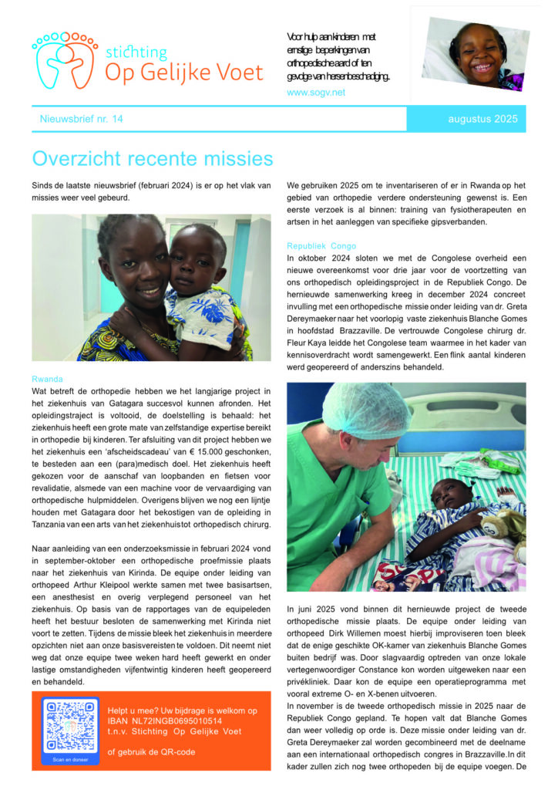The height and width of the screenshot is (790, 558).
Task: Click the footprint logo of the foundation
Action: tap(65, 59)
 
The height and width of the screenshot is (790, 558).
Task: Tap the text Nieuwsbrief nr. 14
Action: tap(81, 119)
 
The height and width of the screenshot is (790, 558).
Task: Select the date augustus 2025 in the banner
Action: tap(482, 119)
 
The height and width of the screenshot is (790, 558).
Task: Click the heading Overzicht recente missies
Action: tap(153, 159)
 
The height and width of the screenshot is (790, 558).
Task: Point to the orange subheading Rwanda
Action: tap(48, 380)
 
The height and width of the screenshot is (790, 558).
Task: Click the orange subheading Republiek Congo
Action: tap(321, 245)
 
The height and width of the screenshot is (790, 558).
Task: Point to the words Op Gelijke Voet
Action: tap(183, 73)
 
